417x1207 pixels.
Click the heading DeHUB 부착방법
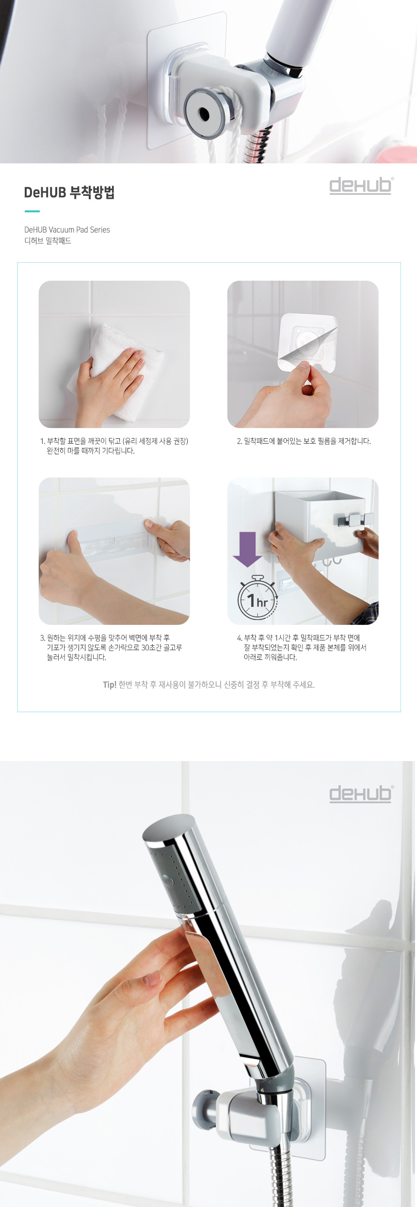(x=69, y=192)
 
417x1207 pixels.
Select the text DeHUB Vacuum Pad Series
(x=67, y=230)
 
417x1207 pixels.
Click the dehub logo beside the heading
(x=361, y=185)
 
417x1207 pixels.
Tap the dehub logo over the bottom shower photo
(x=361, y=794)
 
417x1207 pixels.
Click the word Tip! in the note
(x=110, y=685)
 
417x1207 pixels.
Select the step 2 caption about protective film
(x=304, y=441)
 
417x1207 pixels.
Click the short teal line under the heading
(x=32, y=211)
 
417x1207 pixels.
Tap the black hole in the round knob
(x=204, y=114)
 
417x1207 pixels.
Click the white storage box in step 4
(x=320, y=522)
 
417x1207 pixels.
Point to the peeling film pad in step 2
(x=307, y=342)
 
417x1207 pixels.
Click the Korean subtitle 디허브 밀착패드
(x=48, y=241)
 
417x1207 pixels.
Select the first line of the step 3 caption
(x=105, y=638)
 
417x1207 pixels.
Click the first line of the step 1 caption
(x=114, y=441)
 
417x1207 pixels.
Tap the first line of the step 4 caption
(x=298, y=638)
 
